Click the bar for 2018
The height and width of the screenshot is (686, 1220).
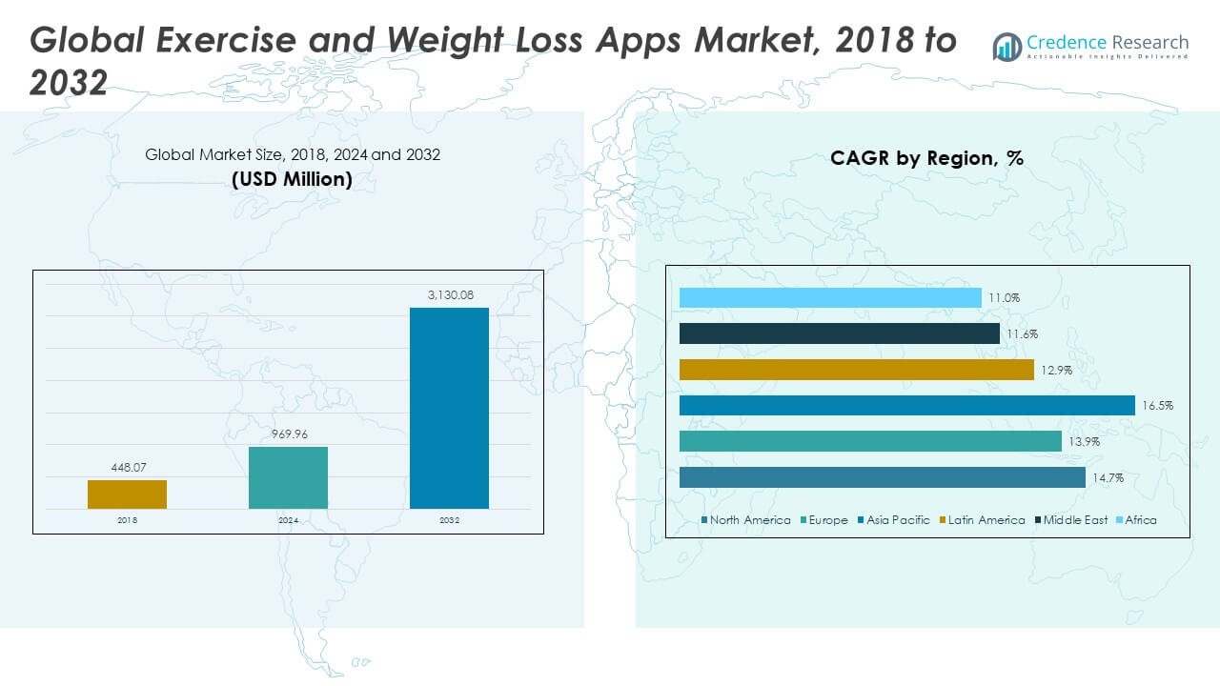pos(127,494)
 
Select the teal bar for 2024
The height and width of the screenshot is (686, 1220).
pos(288,477)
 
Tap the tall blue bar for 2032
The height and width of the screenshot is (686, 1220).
pos(449,408)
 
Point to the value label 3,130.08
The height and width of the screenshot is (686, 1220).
pos(449,295)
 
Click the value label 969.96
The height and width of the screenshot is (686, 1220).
pos(288,434)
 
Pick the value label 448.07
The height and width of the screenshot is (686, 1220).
pos(127,468)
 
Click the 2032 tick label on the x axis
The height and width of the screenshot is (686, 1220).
pos(449,520)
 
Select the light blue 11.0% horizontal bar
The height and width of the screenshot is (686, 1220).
pos(830,298)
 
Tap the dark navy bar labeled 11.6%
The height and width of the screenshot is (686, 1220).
pos(839,333)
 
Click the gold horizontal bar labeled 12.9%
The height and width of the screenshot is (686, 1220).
pos(856,370)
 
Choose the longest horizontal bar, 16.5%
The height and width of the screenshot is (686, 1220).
pos(906,406)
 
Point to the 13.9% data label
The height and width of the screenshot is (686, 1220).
pos(1082,442)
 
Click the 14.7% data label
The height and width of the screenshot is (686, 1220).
pos(1107,477)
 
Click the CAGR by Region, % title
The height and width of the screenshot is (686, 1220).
pos(926,159)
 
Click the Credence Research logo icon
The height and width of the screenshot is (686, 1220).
pos(1006,46)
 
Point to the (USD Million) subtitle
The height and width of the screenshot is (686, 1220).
pos(292,179)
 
